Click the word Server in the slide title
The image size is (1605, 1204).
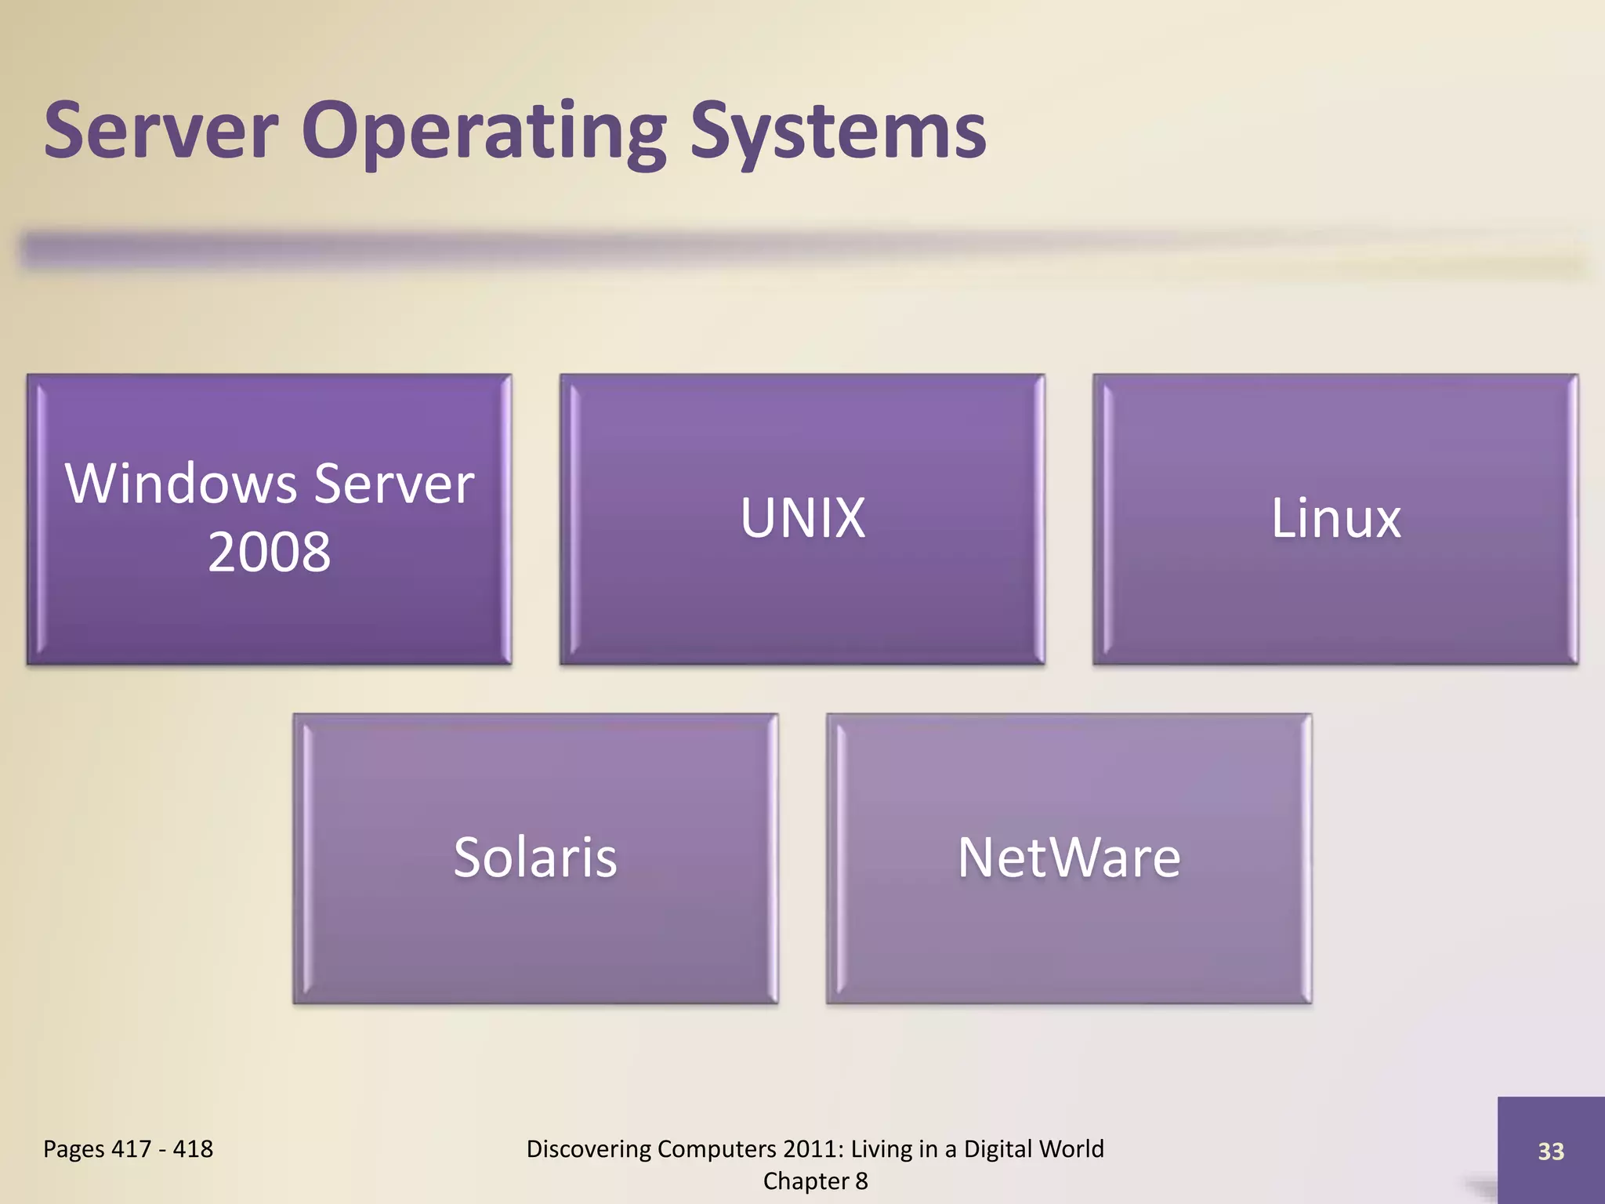point(161,132)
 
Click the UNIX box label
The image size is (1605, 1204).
point(802,519)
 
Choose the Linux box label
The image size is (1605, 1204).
point(1335,519)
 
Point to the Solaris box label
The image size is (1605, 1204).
point(535,858)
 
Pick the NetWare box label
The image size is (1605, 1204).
point(1069,858)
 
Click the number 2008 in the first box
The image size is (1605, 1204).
point(269,553)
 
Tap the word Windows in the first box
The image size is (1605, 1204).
point(181,484)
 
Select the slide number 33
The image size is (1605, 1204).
point(1550,1151)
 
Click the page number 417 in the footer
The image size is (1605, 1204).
point(131,1149)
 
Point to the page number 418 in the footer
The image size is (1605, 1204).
point(193,1149)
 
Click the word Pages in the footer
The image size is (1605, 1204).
point(74,1149)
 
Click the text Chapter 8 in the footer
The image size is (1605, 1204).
point(815,1181)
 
